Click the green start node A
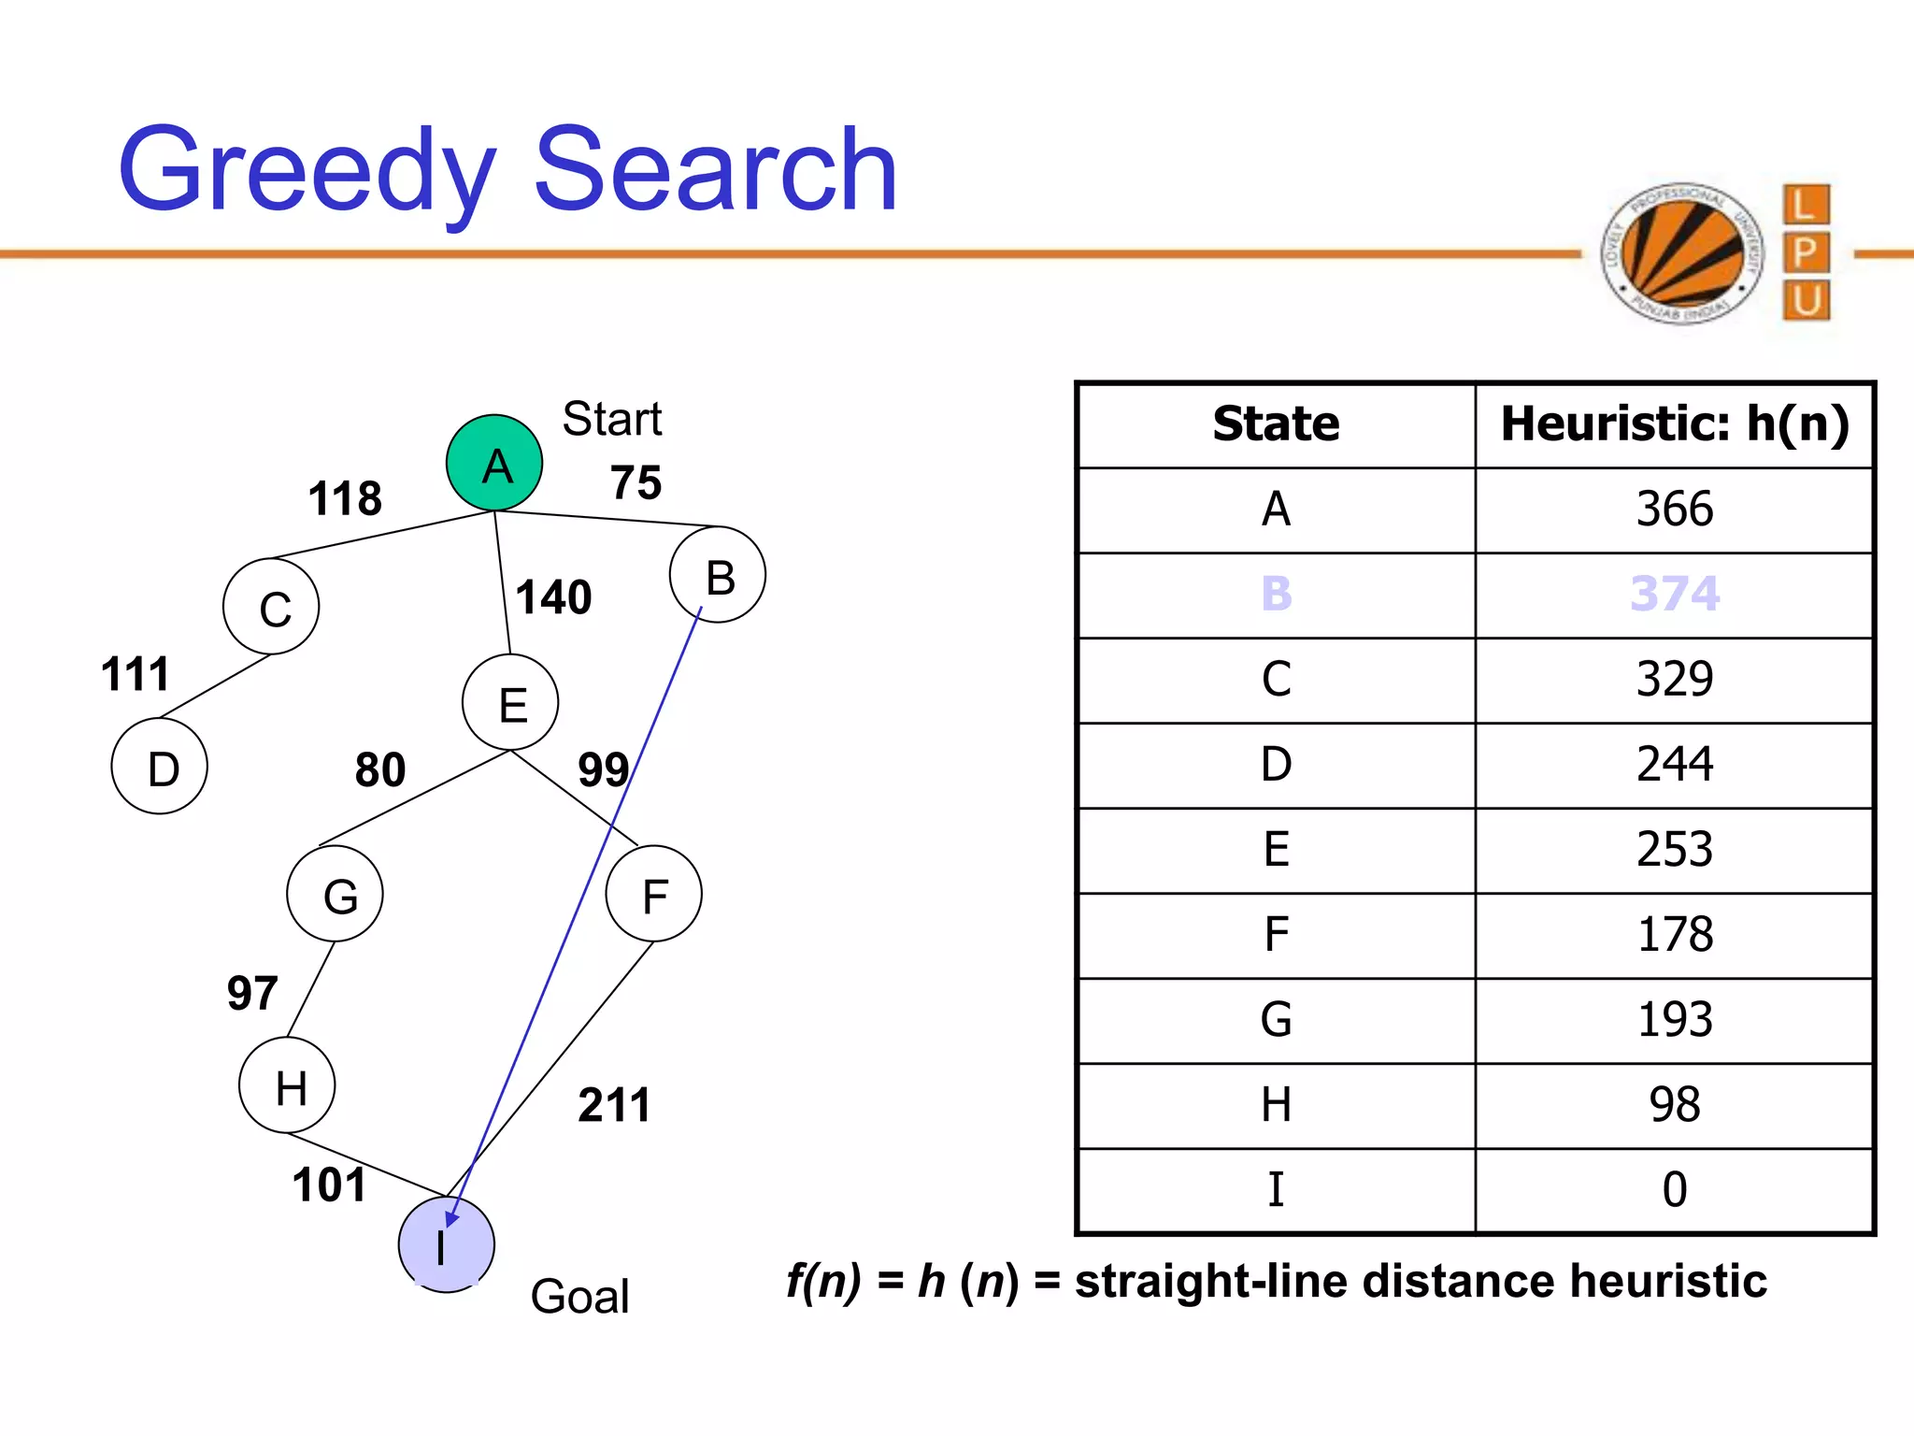tap(494, 463)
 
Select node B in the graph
tap(718, 575)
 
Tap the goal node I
tap(446, 1244)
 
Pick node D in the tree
tap(160, 767)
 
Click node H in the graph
tap(287, 1086)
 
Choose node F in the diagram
tap(653, 894)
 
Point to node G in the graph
tap(336, 894)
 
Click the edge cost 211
tap(614, 1105)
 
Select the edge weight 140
tap(553, 597)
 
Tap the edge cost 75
tap(636, 483)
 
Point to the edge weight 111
tap(136, 674)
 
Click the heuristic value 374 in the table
tap(1674, 594)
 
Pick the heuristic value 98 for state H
tap(1674, 1104)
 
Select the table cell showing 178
tap(1674, 934)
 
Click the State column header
tap(1276, 424)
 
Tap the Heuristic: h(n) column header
tap(1674, 424)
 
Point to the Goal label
tap(579, 1297)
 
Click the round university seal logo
tap(1682, 253)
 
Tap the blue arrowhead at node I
tap(452, 1218)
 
